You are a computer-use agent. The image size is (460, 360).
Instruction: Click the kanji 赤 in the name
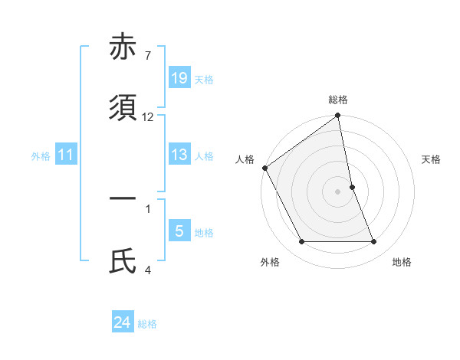coord(123,47)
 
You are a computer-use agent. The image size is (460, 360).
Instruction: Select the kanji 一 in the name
coord(123,198)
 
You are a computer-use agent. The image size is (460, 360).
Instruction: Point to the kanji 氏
coord(123,260)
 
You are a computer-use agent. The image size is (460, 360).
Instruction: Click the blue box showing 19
coord(179,78)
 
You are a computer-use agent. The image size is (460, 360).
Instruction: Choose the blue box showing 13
coord(179,155)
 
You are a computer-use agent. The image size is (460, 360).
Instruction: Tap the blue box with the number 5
coord(179,231)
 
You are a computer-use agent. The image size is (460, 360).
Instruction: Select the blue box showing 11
coord(66,155)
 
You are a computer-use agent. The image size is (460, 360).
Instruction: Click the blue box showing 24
coord(123,323)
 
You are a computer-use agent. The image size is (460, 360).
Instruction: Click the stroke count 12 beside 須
coord(148,117)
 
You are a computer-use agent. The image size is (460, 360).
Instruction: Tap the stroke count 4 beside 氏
coord(147,270)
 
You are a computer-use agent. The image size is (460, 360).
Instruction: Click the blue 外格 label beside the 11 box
coord(41,156)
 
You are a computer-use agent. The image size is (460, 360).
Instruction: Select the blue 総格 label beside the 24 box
coord(147,325)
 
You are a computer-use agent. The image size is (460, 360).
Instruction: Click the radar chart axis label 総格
coord(338,100)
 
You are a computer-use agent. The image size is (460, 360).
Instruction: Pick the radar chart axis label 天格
coord(432,159)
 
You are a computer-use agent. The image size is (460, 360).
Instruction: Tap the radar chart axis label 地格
coord(402,263)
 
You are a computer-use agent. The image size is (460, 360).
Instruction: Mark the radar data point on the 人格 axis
coord(264,168)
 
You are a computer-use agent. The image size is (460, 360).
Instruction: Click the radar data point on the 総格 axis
coord(338,116)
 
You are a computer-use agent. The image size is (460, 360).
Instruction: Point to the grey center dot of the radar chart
coord(338,191)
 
